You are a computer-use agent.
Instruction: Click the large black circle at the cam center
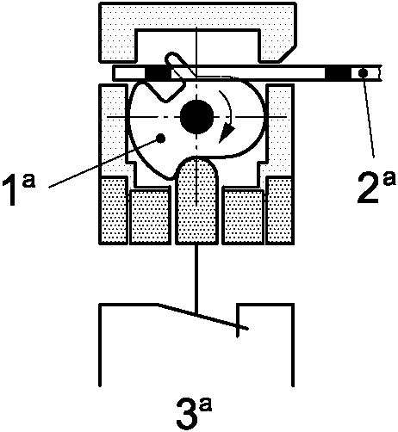[x=196, y=117]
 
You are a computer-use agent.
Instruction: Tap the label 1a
[x=19, y=191]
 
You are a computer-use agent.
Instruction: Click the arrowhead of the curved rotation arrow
[x=227, y=133]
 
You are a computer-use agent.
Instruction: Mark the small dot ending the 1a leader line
[x=161, y=139]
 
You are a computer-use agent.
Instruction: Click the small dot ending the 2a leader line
[x=363, y=73]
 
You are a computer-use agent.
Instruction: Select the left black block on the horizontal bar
[x=159, y=73]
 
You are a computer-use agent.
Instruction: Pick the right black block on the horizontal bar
[x=339, y=73]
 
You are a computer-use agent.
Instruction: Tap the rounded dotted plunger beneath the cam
[x=196, y=201]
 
